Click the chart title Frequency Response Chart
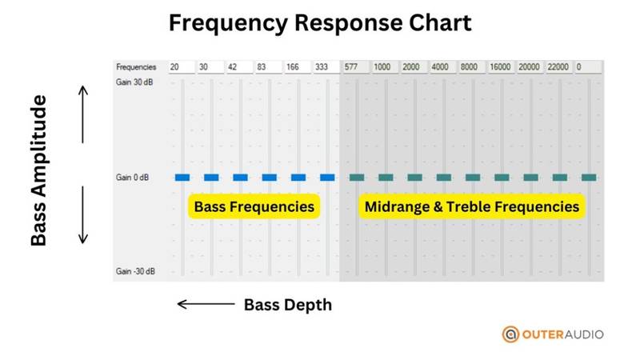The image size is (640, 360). tap(320, 23)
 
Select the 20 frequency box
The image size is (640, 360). tap(181, 67)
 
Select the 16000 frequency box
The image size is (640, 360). tap(501, 67)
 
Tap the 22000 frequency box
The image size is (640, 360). tap(558, 67)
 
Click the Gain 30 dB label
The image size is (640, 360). tap(134, 83)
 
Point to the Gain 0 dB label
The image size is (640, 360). tap(132, 178)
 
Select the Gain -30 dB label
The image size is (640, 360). tap(134, 272)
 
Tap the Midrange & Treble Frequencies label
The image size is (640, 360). tap(471, 206)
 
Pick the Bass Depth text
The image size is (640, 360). tap(287, 305)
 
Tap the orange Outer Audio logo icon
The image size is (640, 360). tap(510, 334)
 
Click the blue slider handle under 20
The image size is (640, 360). tap(182, 178)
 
